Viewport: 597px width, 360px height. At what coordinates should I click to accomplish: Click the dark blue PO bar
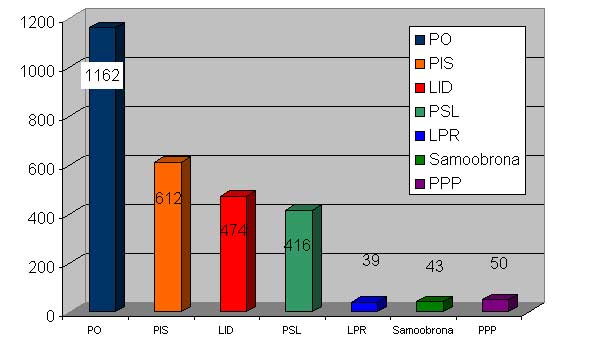107,167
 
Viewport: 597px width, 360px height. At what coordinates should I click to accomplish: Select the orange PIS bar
172,234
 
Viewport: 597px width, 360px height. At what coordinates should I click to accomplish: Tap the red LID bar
237,252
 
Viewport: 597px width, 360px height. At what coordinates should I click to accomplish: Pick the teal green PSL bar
303,259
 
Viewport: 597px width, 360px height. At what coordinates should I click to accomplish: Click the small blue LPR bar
369,304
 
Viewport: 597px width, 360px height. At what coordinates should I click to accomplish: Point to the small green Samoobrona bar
434,304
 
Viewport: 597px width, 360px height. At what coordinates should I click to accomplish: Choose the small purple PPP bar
500,303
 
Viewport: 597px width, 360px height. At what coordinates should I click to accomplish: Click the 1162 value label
102,75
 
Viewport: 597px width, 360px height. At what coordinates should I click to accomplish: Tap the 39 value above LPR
371,261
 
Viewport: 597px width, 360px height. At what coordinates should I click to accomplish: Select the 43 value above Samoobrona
434,266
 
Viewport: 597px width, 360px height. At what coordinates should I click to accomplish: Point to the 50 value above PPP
499,263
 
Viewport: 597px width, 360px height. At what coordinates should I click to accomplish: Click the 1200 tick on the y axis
37,22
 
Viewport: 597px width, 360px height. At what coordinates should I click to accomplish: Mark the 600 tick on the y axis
42,168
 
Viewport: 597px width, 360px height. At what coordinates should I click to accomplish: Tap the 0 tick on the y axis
51,315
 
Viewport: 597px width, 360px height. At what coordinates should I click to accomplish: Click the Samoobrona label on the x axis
423,330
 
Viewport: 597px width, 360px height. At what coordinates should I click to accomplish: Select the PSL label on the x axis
292,330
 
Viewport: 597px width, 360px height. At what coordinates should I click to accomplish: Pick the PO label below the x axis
94,330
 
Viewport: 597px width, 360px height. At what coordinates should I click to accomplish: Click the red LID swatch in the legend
420,88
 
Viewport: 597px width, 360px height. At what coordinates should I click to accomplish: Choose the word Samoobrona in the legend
474,159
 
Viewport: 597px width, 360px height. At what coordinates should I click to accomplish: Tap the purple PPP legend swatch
420,184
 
